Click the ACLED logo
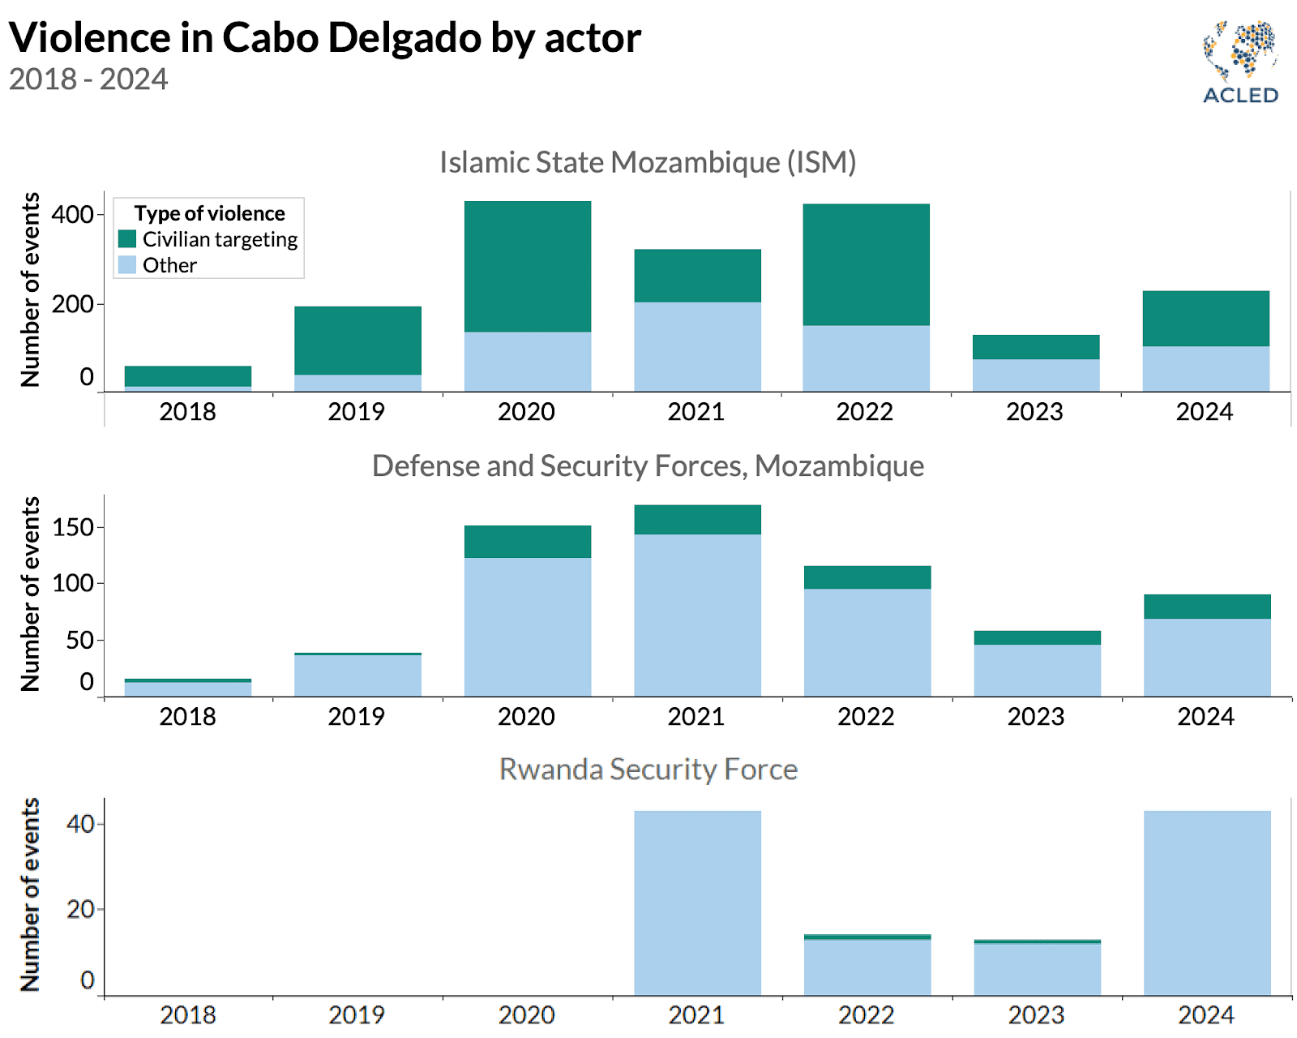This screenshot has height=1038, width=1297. (1240, 62)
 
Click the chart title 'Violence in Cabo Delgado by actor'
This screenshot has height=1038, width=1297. (325, 37)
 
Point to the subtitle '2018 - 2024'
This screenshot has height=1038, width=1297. (88, 79)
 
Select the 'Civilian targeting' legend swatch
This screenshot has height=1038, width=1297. (127, 238)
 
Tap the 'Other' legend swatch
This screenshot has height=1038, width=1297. (127, 264)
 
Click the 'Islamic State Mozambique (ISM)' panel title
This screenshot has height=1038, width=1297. (648, 162)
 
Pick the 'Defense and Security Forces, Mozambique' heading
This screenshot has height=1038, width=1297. (648, 465)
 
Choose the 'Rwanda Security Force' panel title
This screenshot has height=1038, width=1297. (648, 769)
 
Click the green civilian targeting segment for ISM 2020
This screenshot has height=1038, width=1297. (528, 266)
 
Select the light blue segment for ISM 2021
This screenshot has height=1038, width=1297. (697, 347)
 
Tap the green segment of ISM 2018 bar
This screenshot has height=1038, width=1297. (188, 376)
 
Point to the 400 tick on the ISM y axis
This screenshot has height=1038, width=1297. (73, 215)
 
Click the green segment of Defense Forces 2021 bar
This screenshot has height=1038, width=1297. (697, 520)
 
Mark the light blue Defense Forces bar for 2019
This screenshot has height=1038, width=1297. (357, 676)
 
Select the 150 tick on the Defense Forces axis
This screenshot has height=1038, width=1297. (73, 528)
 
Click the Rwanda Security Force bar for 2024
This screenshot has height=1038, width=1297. (1207, 903)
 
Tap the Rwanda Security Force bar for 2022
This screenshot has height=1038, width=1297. (867, 967)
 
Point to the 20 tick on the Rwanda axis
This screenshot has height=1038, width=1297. (81, 909)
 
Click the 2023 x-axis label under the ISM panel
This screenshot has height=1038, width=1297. (1034, 412)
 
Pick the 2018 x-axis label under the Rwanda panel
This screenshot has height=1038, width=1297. (188, 1014)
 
